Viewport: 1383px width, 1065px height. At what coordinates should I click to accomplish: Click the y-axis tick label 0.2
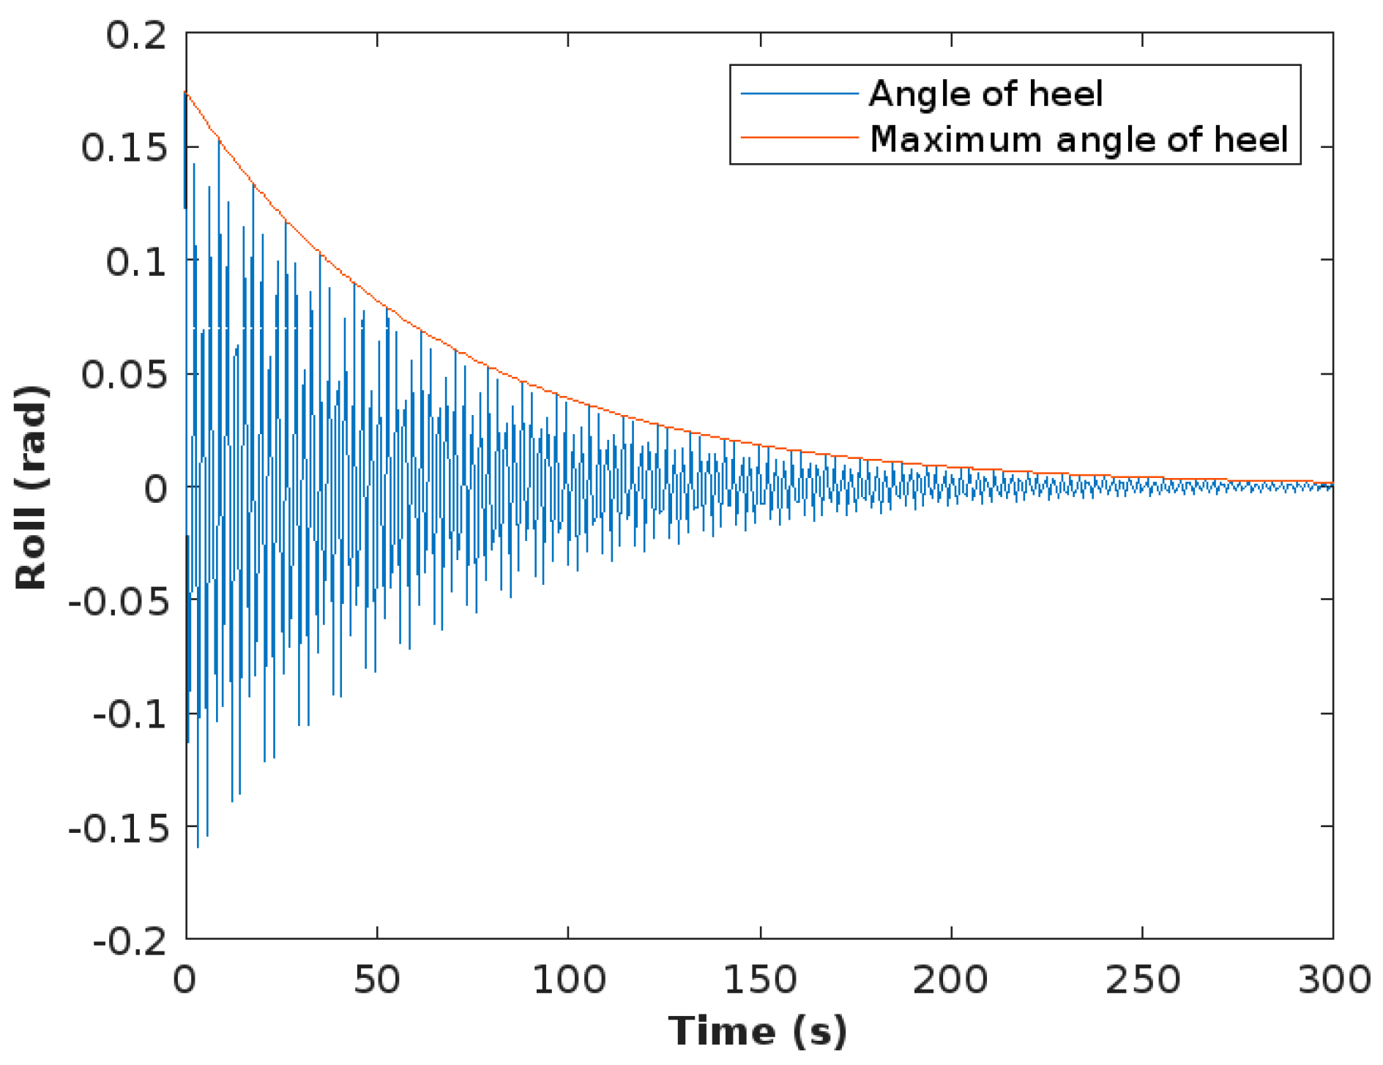[137, 35]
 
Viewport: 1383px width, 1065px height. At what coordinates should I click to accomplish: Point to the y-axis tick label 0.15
[124, 148]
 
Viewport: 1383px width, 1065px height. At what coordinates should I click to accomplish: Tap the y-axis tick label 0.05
[124, 375]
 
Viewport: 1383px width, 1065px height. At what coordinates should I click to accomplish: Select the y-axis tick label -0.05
[119, 602]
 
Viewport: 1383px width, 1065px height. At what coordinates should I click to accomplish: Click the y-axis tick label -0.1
[130, 714]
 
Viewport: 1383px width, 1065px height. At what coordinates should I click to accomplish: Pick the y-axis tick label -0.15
[119, 828]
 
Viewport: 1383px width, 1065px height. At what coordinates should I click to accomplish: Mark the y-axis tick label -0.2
[130, 941]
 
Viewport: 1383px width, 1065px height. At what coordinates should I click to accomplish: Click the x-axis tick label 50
[377, 979]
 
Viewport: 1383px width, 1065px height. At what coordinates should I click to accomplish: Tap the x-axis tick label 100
[569, 979]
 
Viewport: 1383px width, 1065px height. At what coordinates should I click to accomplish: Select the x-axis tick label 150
[760, 979]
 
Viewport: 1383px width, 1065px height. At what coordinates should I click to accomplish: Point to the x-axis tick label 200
[950, 979]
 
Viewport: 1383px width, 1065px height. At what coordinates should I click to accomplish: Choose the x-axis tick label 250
[1142, 979]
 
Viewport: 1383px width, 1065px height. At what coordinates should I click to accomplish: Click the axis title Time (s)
[758, 1031]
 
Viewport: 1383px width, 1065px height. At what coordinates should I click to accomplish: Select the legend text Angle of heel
[985, 94]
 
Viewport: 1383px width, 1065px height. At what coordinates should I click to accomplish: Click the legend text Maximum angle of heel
[1078, 138]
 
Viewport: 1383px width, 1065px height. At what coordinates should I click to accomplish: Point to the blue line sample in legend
[799, 94]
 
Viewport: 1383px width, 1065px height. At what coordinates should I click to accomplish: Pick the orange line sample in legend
[799, 137]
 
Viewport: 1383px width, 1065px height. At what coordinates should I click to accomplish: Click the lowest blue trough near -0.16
[198, 846]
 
